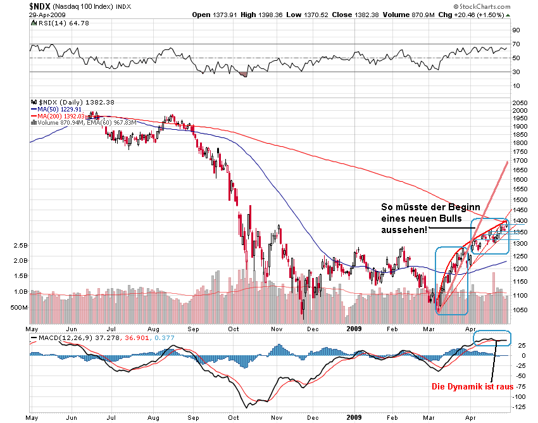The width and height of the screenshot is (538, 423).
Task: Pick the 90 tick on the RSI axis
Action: [x=516, y=30]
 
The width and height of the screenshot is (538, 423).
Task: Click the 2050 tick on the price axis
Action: [x=520, y=103]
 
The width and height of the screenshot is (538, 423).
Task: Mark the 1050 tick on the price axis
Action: [x=520, y=310]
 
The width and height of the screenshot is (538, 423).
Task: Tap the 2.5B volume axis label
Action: [x=20, y=244]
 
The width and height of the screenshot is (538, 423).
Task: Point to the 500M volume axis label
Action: [x=18, y=307]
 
